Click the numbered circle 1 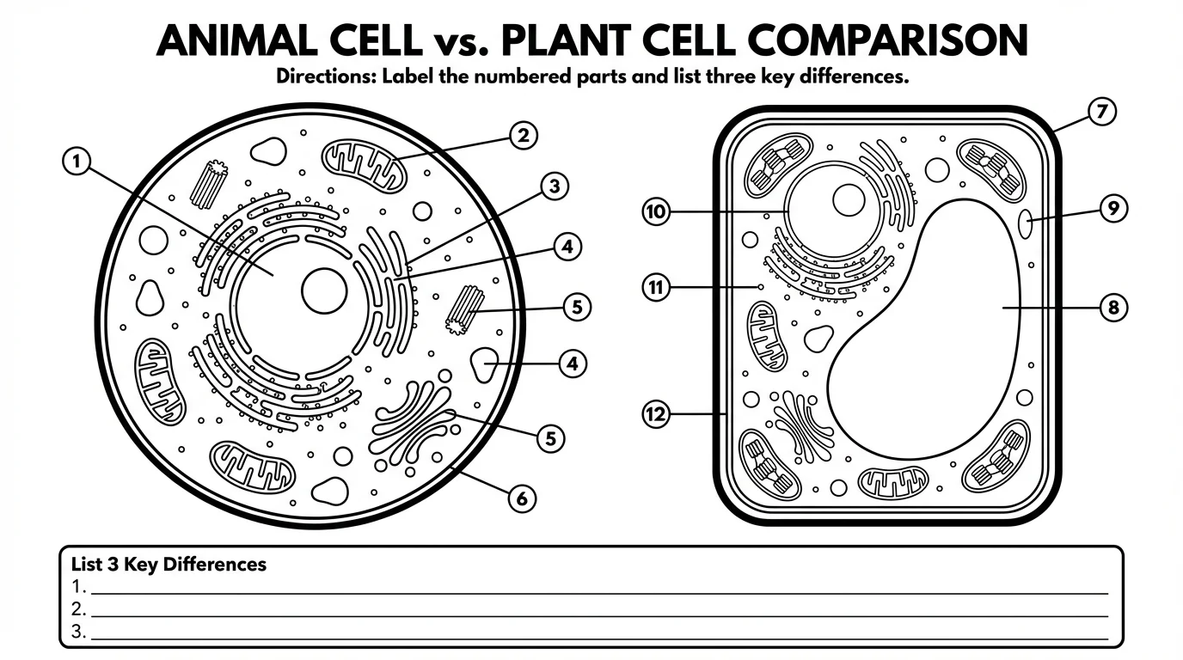pos(77,161)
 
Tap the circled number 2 pos(524,135)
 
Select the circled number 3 pos(555,186)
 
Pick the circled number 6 pos(523,498)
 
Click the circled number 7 pos(1101,112)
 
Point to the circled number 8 pos(1113,308)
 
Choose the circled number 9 pos(1113,209)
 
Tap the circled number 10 pos(656,211)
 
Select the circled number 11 pos(656,287)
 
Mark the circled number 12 pos(656,415)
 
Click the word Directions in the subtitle pos(324,76)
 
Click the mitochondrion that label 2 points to pos(365,165)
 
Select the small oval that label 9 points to pos(1026,224)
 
